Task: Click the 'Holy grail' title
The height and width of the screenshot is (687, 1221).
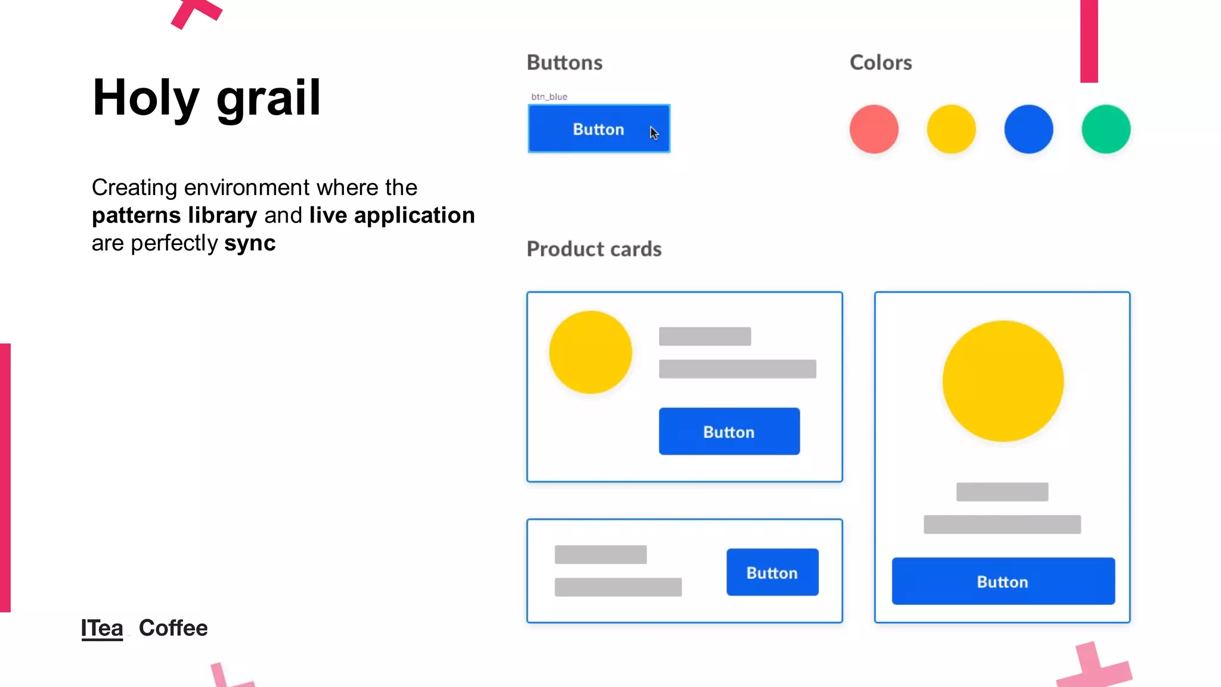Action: [x=206, y=98]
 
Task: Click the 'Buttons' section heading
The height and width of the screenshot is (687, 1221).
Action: [x=564, y=63]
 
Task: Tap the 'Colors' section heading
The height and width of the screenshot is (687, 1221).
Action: [x=880, y=63]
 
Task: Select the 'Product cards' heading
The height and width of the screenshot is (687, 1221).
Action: [x=594, y=249]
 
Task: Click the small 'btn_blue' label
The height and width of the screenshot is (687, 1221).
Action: [x=548, y=97]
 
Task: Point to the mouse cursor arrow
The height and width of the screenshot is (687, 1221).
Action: [x=653, y=132]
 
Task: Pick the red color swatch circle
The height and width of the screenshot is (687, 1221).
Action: [x=873, y=129]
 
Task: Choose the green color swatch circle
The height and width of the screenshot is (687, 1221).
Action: [x=1105, y=129]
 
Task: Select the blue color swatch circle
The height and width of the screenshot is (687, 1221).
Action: [x=1028, y=129]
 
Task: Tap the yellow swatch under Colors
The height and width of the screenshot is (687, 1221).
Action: [x=951, y=129]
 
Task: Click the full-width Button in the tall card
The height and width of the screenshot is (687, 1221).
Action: [x=1003, y=581]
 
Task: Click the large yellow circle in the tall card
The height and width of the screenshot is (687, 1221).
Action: [x=1003, y=381]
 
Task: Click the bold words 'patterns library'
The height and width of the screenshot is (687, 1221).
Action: [x=174, y=215]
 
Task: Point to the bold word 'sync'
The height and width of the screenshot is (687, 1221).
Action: [x=249, y=243]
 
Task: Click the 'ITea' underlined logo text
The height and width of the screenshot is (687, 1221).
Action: [x=102, y=628]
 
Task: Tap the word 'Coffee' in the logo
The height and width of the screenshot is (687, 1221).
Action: [x=173, y=628]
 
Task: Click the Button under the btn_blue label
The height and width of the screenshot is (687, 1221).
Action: [x=598, y=129]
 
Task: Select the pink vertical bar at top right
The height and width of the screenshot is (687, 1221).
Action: [x=1089, y=41]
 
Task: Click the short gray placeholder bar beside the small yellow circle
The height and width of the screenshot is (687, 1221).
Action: [x=705, y=336]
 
